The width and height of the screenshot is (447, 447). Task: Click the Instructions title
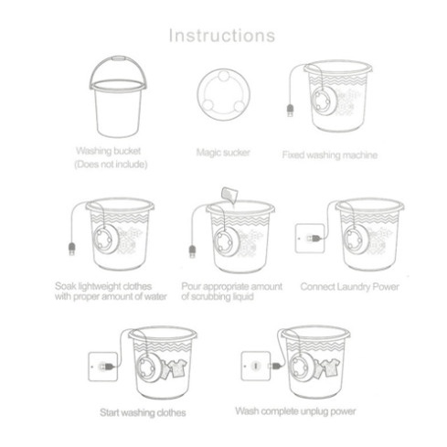tap(222, 36)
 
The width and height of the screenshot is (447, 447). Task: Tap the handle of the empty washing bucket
tap(118, 58)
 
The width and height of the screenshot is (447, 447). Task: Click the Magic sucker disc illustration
tap(223, 94)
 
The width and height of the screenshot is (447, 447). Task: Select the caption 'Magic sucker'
tap(223, 153)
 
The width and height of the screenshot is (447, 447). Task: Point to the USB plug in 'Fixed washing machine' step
tap(291, 111)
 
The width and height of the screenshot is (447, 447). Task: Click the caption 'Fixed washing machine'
tap(330, 155)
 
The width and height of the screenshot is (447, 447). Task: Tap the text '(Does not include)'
tap(111, 165)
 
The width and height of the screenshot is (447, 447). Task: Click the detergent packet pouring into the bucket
tap(229, 195)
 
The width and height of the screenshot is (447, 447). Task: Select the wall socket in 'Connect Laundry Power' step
tap(310, 239)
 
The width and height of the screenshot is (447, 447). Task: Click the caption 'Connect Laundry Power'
tap(349, 287)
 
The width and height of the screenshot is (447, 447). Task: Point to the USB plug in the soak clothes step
tap(72, 249)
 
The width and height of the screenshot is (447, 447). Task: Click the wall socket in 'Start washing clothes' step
tap(103, 367)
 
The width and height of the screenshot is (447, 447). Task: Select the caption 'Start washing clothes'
tap(143, 413)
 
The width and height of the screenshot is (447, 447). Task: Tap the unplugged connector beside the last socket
tap(275, 366)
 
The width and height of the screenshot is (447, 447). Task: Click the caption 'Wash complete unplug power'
tap(295, 411)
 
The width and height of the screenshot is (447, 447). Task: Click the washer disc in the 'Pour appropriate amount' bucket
tap(226, 243)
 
